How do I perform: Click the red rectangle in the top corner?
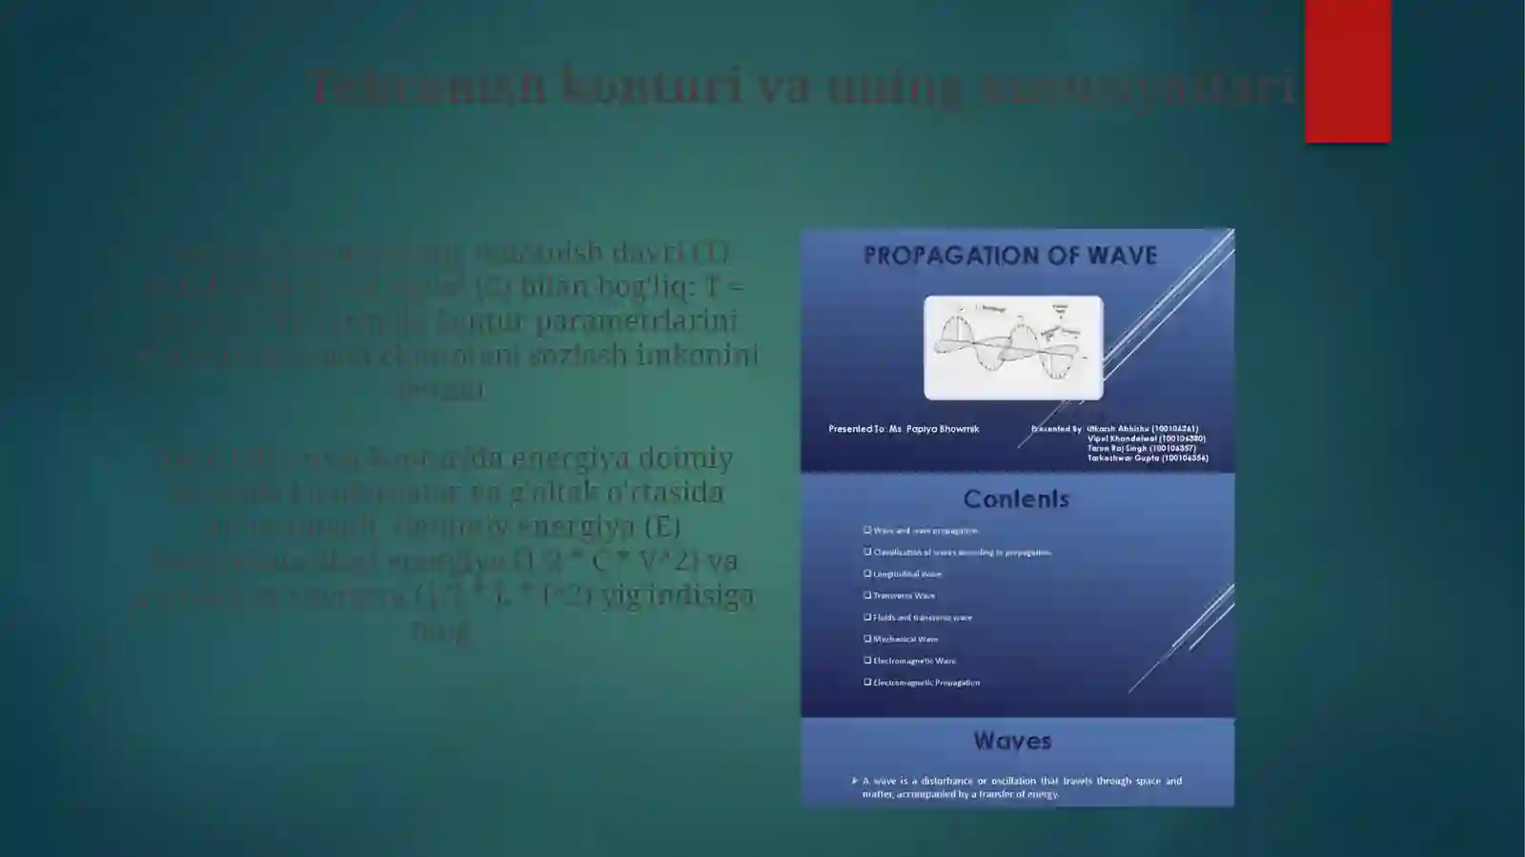tap(1348, 71)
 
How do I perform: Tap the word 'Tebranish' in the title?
tap(428, 86)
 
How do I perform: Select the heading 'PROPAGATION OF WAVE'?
tap(1009, 255)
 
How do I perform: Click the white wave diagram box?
tap(1013, 347)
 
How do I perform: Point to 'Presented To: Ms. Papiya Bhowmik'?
tap(904, 429)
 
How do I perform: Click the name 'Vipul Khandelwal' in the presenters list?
tap(1146, 439)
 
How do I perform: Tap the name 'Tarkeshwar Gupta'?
tap(1147, 458)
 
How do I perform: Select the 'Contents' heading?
tap(1016, 499)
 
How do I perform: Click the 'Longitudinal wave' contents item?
tap(906, 574)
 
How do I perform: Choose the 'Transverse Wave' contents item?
tap(904, 596)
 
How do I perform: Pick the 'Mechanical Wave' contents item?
tap(905, 639)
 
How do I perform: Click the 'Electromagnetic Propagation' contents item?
tap(926, 683)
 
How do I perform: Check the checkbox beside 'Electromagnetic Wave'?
tap(867, 660)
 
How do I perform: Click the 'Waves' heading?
tap(1012, 741)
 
